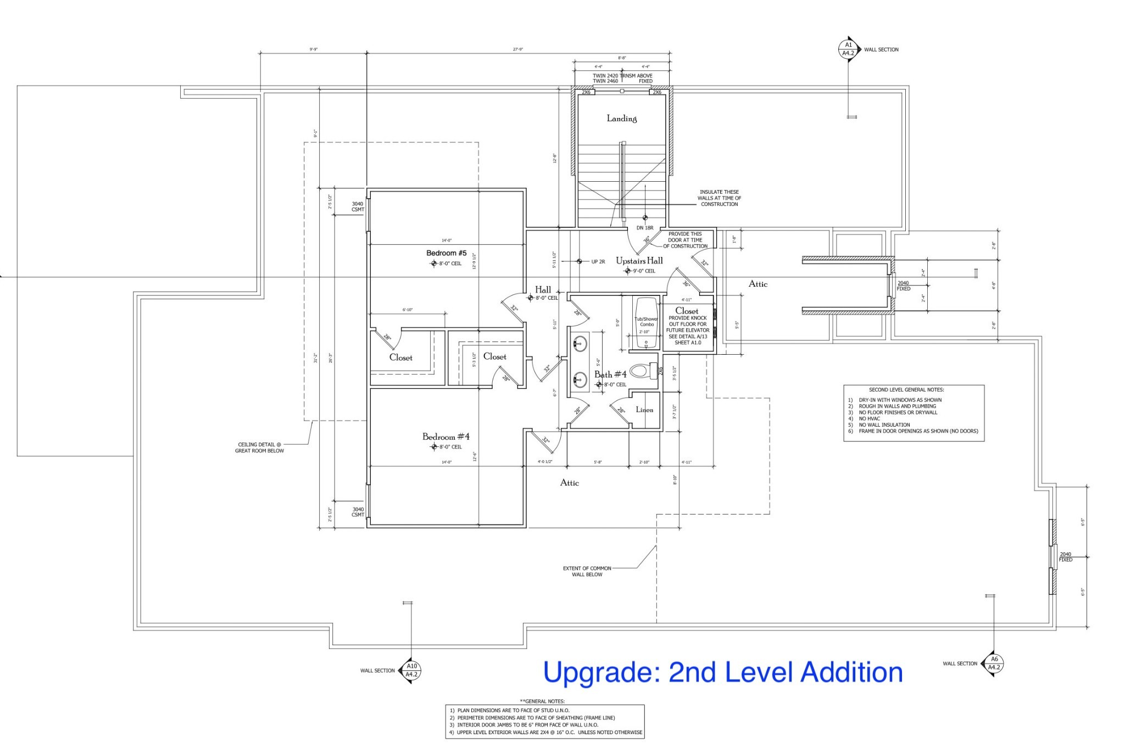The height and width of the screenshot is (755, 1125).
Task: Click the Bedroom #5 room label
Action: [x=446, y=253]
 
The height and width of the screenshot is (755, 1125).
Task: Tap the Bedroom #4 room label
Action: [x=445, y=437]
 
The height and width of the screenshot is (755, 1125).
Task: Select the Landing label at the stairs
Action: [x=621, y=119]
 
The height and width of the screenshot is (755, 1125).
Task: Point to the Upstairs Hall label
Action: [x=639, y=261]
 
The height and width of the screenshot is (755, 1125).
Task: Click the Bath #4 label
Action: [x=610, y=374]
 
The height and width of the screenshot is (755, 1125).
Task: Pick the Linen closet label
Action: [x=644, y=410]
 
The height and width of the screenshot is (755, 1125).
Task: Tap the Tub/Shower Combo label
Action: [x=646, y=322]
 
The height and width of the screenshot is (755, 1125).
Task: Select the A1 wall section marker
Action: [x=848, y=49]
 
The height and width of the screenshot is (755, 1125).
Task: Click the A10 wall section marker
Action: [x=411, y=670]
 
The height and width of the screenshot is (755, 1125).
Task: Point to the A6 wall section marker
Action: [x=994, y=663]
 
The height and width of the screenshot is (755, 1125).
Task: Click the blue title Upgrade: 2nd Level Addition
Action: [x=722, y=672]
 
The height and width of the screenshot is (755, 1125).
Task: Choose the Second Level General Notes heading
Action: [x=914, y=390]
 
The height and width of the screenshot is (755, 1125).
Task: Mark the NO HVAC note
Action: [x=870, y=418]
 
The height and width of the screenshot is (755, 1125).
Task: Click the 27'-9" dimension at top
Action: [x=517, y=49]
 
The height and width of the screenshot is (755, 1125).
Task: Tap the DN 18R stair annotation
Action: [x=645, y=228]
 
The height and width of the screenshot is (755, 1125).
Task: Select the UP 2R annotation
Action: [x=598, y=262]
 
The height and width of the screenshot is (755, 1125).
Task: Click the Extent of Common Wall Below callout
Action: [x=586, y=571]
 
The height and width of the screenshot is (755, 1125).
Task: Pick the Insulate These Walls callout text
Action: [x=719, y=198]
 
